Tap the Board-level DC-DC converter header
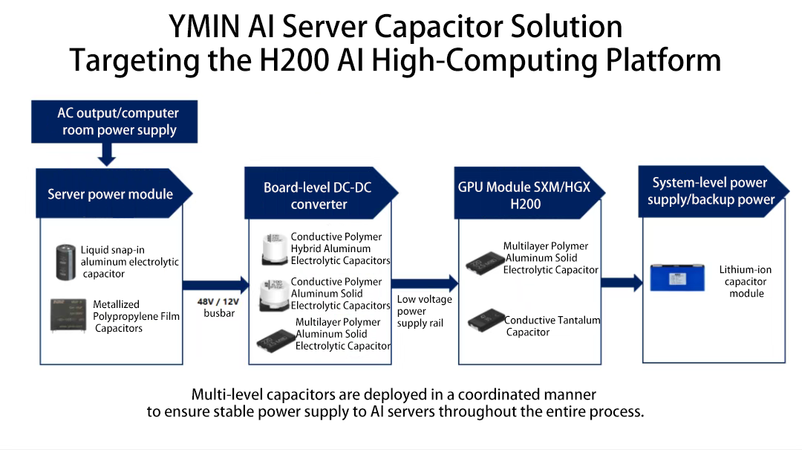[318, 196]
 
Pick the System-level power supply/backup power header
[710, 191]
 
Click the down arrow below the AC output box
[107, 155]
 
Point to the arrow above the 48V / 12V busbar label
[216, 283]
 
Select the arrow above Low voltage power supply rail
[425, 283]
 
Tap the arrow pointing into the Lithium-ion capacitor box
[622, 283]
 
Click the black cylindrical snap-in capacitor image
[66, 261]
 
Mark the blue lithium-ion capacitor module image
[676, 277]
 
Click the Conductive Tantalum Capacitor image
[486, 320]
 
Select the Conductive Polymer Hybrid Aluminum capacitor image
[274, 249]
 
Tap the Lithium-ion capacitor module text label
[746, 281]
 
